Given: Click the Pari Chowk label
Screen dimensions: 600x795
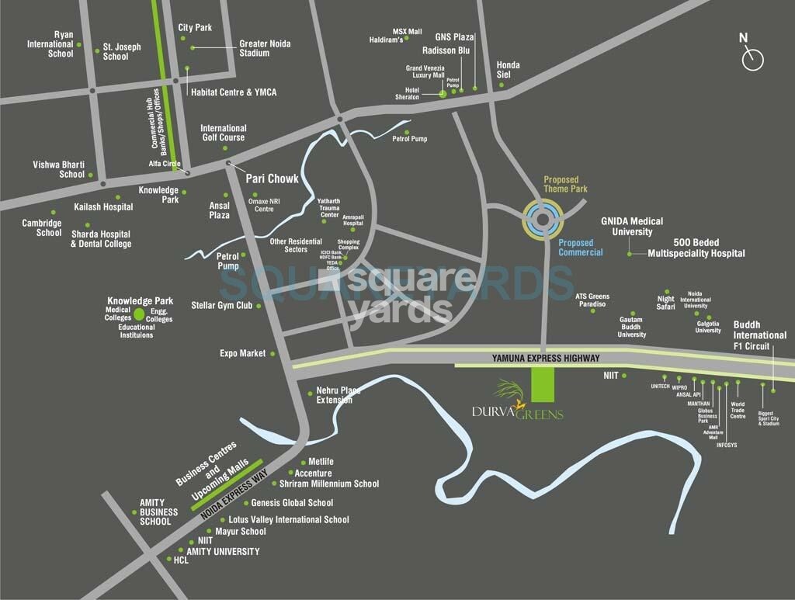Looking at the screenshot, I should tap(272, 179).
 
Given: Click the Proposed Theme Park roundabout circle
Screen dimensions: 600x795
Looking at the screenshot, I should tap(541, 219).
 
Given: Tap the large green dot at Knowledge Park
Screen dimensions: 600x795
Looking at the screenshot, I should tap(139, 314).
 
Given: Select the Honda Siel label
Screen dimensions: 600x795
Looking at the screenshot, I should tap(508, 70).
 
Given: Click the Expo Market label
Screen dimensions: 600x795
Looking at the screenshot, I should tap(242, 353).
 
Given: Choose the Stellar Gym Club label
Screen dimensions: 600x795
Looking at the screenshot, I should tap(222, 306).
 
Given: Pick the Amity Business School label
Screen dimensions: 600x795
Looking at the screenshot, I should tap(158, 512).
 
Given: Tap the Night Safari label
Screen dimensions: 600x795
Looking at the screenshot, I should tap(665, 303).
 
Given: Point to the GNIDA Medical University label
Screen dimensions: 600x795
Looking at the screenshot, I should tap(632, 226).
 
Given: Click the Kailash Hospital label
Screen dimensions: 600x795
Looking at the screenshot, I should tap(103, 207).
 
